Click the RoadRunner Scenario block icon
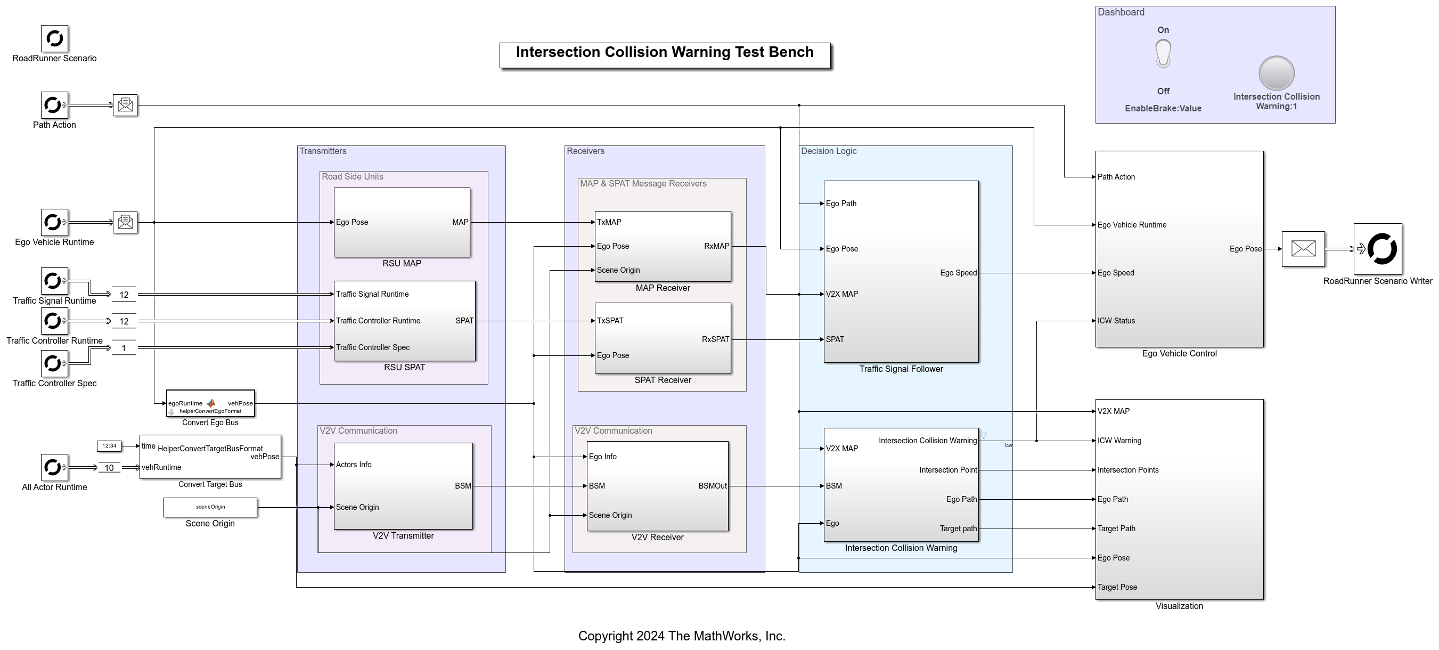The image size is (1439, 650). pyautogui.click(x=54, y=38)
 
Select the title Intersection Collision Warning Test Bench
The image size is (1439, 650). pyautogui.click(x=664, y=53)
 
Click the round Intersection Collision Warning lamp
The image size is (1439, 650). pyautogui.click(x=1276, y=73)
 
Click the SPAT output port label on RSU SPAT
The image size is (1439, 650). pyautogui.click(x=464, y=321)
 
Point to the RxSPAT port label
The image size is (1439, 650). pyautogui.click(x=715, y=339)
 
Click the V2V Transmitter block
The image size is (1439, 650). pyautogui.click(x=403, y=486)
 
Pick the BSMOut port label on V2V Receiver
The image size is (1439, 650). pyautogui.click(x=712, y=486)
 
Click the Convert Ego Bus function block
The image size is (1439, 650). pyautogui.click(x=210, y=403)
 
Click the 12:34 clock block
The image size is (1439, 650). pyautogui.click(x=109, y=446)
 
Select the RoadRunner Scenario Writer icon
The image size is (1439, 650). pyautogui.click(x=1377, y=249)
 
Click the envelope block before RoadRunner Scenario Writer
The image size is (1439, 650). pyautogui.click(x=1303, y=249)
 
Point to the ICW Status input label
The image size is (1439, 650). pyautogui.click(x=1116, y=321)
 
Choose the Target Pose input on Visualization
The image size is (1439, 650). pyautogui.click(x=1117, y=587)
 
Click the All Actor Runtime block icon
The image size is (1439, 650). pyautogui.click(x=54, y=467)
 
